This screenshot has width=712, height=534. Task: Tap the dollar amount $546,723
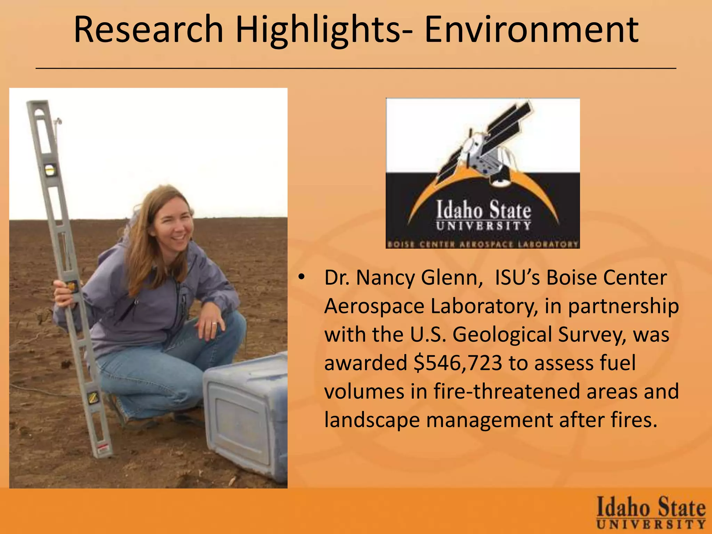tap(458, 363)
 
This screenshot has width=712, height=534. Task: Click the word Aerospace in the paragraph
tap(374, 306)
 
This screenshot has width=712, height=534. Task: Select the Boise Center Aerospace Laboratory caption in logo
tap(483, 244)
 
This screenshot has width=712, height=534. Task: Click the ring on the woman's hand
tap(214, 324)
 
